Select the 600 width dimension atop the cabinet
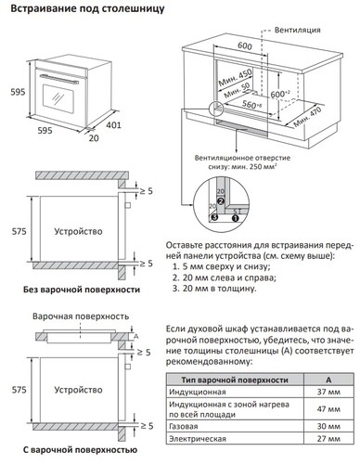(x=244, y=45)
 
